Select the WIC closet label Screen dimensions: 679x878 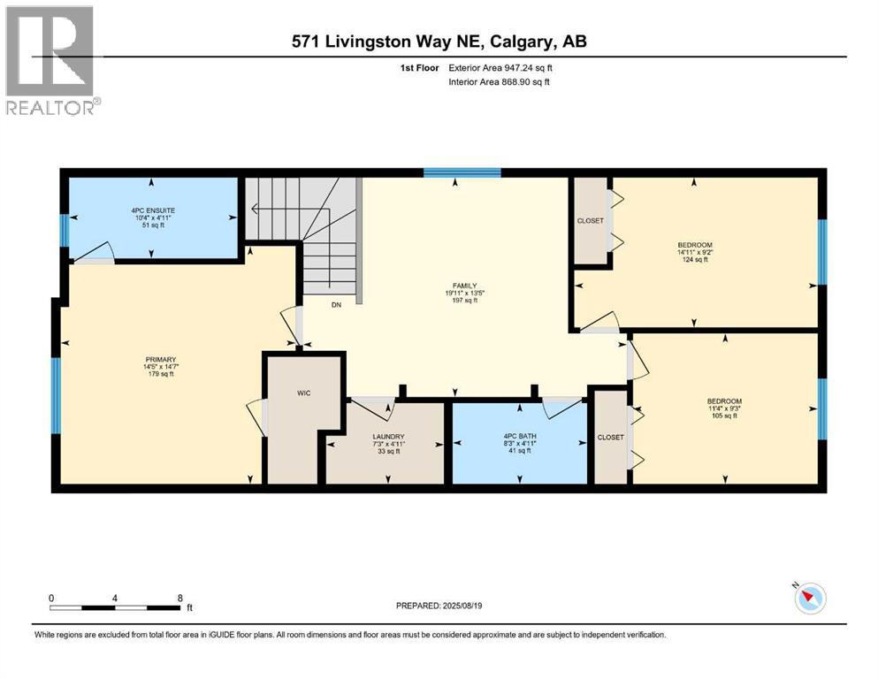coord(303,392)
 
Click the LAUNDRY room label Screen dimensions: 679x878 coord(388,437)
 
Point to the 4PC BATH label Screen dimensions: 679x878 coord(519,437)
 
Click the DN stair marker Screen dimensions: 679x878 coord(336,305)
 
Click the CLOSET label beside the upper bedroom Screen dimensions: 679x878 coord(590,221)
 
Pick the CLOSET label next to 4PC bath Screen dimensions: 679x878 coord(610,438)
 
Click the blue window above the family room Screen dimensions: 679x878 coord(462,172)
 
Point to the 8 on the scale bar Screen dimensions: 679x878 coord(181,597)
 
